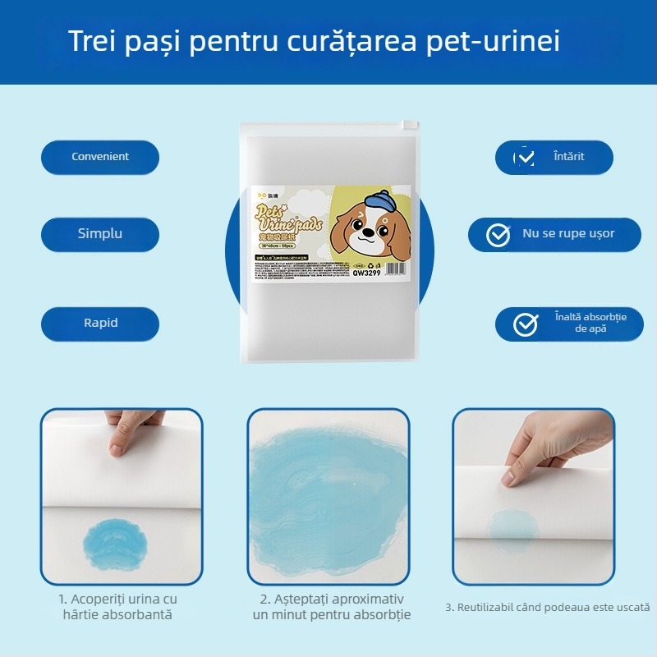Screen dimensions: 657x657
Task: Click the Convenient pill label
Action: tap(100, 157)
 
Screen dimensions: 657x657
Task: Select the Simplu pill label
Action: tap(100, 233)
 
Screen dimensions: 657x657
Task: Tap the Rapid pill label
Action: tap(100, 323)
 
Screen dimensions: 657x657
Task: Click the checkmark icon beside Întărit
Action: tap(525, 157)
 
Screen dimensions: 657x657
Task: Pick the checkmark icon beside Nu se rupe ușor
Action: tap(498, 235)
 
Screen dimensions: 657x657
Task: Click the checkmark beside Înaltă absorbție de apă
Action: tap(525, 324)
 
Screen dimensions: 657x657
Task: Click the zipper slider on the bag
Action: tap(405, 126)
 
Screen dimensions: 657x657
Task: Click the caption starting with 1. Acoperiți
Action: tap(117, 607)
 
